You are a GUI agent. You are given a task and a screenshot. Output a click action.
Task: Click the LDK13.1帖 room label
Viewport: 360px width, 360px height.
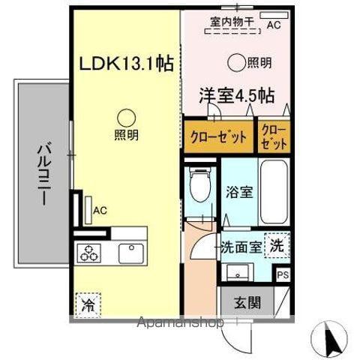point(127,64)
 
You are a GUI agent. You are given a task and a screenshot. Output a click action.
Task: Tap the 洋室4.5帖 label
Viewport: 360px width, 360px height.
point(235,95)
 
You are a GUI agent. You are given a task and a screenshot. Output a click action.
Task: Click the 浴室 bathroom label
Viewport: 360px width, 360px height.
point(240,191)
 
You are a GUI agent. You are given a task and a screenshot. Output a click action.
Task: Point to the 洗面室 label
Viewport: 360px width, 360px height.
point(241,247)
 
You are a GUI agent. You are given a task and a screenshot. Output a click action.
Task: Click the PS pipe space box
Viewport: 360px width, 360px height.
point(282,274)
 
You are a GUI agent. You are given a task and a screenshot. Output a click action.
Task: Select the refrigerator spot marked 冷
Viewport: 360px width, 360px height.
point(88,305)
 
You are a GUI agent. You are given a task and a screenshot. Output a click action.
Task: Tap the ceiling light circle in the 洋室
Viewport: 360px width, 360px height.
point(236,63)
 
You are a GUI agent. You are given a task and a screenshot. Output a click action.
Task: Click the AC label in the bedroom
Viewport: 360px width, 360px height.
point(274,25)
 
